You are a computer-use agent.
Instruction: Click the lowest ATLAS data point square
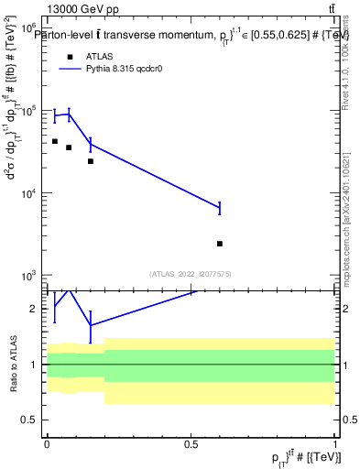(220, 244)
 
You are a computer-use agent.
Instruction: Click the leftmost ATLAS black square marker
(55, 141)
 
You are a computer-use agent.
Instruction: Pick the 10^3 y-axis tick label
(30, 276)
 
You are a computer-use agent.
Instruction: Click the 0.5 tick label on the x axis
(191, 442)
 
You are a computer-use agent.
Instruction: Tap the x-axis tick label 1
(334, 442)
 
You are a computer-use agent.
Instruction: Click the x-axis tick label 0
(47, 442)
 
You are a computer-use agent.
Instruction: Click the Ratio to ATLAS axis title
(12, 364)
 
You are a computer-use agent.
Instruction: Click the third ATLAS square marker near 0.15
(90, 161)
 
